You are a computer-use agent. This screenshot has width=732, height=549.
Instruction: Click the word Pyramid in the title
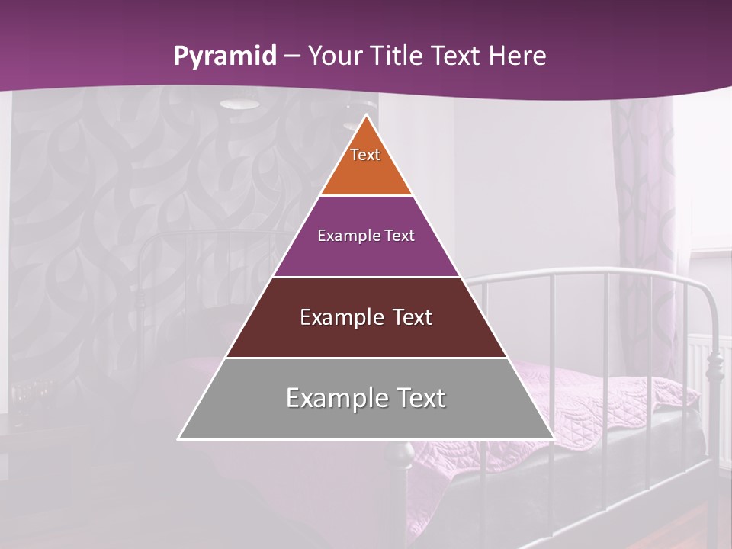pos(225,56)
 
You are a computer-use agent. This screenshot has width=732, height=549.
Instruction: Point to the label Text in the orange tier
pos(365,155)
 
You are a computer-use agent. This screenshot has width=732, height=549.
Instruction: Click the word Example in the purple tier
pos(344,236)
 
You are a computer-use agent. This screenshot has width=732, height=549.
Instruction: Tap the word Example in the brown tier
pos(334,317)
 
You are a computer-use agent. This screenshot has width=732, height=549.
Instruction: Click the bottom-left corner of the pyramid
pos(179,438)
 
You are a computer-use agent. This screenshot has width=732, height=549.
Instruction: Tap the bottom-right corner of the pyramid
pos(553,438)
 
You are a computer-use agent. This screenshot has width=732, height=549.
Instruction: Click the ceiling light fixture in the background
pos(238,104)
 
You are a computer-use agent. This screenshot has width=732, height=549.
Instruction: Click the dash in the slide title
pos(291,56)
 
